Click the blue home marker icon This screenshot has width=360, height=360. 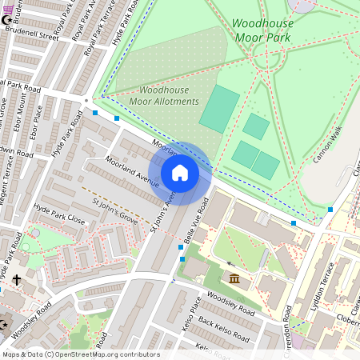click(x=180, y=173)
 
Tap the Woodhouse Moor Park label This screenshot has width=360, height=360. click(x=262, y=30)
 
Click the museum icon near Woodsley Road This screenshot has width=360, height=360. click(x=234, y=278)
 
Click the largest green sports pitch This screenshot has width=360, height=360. click(x=219, y=109)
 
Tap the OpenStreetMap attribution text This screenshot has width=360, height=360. click(x=80, y=354)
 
